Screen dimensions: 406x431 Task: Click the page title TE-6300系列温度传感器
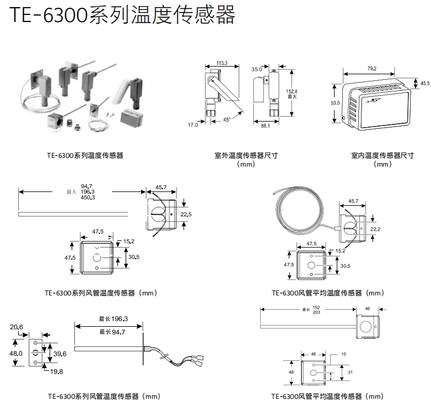(x=122, y=15)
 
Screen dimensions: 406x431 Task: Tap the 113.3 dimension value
(x=222, y=63)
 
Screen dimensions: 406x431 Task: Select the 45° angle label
(x=227, y=120)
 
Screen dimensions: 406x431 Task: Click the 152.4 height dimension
(x=292, y=92)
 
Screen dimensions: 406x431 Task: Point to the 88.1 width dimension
(x=265, y=126)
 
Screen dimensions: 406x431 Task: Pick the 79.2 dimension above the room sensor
(x=371, y=69)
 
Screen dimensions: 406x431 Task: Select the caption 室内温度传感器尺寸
(x=382, y=156)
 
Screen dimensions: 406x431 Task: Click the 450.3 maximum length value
(x=88, y=197)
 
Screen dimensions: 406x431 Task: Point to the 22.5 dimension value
(x=186, y=214)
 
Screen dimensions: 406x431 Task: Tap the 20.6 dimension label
(x=17, y=327)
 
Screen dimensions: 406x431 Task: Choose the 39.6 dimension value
(x=60, y=354)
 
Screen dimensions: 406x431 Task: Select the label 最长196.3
(x=113, y=319)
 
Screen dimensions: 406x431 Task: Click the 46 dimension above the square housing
(x=368, y=309)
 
